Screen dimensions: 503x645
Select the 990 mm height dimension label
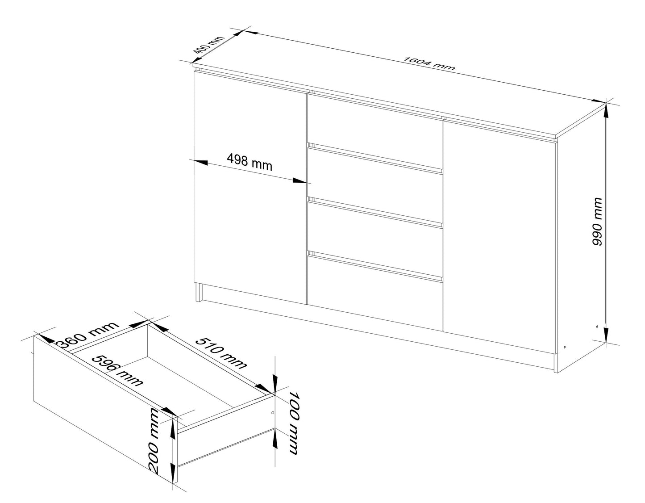[597, 222]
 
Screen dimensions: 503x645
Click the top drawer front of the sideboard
[374, 121]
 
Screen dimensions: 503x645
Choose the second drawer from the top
[374, 176]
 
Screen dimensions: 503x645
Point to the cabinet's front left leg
[199, 293]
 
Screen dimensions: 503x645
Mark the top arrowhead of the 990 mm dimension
[606, 109]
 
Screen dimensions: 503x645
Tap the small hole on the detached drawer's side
[273, 412]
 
